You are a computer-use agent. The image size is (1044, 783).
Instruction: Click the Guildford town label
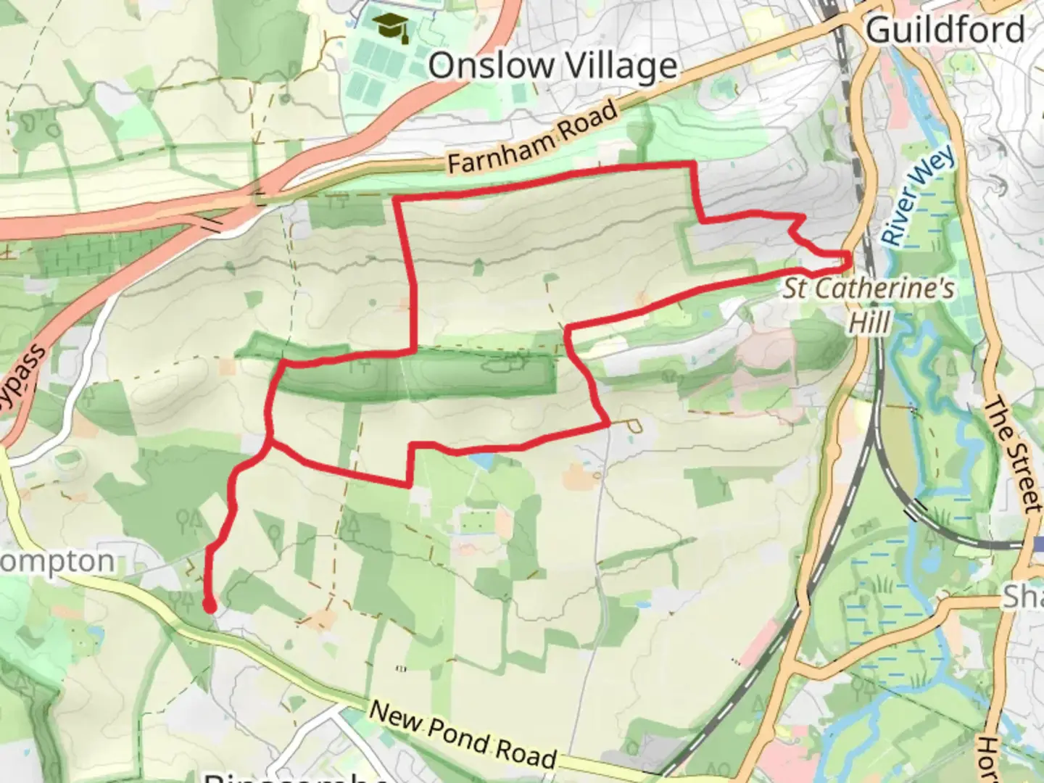[x=945, y=30]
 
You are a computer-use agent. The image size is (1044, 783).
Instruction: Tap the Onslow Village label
[x=552, y=66]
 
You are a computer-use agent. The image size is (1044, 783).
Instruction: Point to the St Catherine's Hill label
[x=869, y=304]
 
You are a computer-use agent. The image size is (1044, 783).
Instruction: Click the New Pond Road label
[x=463, y=734]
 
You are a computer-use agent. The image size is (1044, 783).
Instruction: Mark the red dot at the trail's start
[x=210, y=606]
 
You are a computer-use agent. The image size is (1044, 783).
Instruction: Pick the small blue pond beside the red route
[x=479, y=459]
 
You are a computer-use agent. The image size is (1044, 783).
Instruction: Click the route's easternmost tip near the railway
[x=848, y=255]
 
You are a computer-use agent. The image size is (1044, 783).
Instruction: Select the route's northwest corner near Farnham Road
[x=397, y=199]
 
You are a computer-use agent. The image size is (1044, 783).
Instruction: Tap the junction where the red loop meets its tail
[x=270, y=440]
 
